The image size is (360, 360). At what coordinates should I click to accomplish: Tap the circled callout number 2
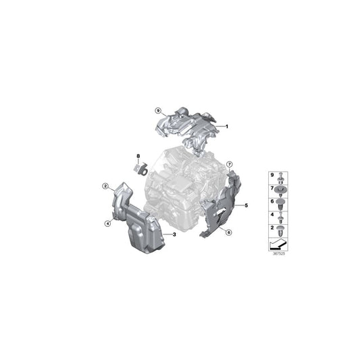(x=105, y=186)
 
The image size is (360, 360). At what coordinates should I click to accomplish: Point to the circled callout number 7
(x=229, y=164)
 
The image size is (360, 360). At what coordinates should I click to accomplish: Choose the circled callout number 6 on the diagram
(x=229, y=232)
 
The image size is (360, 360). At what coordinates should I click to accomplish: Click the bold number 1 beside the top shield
(x=227, y=126)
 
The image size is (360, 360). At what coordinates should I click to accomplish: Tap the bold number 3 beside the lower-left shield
(x=174, y=234)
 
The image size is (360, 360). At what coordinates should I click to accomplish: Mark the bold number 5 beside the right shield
(x=247, y=204)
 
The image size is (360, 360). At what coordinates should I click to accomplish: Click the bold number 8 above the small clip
(x=138, y=156)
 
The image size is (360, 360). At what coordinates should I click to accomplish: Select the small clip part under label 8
(x=140, y=168)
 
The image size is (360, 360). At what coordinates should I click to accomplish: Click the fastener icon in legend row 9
(x=280, y=177)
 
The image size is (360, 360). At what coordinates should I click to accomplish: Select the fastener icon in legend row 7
(x=280, y=190)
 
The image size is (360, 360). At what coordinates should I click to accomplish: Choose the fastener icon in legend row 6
(x=280, y=203)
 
